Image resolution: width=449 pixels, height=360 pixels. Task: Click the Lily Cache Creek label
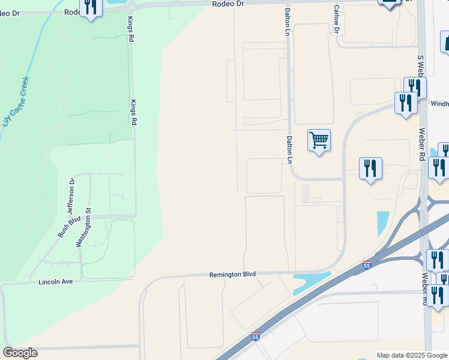(x=17, y=101)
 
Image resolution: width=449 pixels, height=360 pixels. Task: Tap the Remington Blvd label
(x=232, y=274)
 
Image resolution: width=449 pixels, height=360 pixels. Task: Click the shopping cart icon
(x=319, y=141)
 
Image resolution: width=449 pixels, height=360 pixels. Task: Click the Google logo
(x=20, y=353)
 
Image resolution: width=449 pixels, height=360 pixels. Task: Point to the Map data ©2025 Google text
(x=412, y=355)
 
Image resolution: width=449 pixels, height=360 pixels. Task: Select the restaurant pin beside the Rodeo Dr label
(x=91, y=8)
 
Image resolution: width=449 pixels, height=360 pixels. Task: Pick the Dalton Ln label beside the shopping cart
(x=289, y=149)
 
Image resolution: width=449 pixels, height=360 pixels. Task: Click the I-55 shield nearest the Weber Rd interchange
(x=367, y=265)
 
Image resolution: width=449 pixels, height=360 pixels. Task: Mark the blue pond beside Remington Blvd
(x=311, y=283)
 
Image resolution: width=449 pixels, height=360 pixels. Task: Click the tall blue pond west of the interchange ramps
(x=382, y=223)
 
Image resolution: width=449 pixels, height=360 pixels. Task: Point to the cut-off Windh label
(x=439, y=103)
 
